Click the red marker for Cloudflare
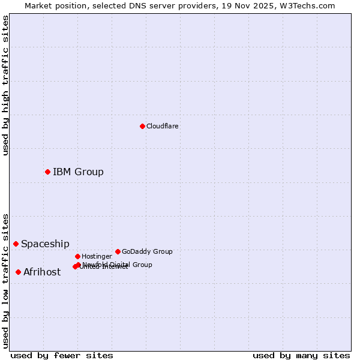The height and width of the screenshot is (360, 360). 142,126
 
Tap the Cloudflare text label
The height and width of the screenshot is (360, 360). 162,126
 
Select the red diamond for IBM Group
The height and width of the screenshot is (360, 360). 47,172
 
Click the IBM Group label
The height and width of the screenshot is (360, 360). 78,172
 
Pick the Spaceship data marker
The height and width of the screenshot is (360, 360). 16,244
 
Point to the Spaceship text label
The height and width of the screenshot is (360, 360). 45,244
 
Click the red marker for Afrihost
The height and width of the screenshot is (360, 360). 18,272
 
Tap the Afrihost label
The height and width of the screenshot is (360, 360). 42,272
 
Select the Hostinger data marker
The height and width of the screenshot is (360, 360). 77,256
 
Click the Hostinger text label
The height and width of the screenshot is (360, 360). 97,256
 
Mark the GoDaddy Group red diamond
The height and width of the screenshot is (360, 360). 118,251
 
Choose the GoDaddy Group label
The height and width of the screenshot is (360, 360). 147,251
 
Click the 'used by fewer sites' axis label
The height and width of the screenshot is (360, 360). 62,355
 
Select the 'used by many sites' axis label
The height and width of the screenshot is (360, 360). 301,355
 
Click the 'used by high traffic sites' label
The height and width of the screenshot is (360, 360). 5,85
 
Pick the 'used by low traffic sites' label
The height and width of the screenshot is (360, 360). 5,281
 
